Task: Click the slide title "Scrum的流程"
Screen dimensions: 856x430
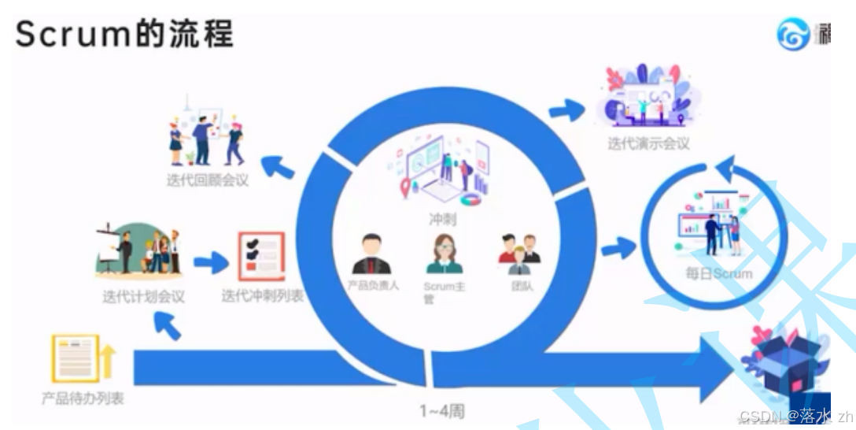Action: click(x=124, y=35)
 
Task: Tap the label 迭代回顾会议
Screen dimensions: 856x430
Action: click(x=208, y=180)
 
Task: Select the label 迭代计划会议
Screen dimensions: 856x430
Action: click(x=143, y=297)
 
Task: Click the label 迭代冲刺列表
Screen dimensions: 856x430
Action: click(x=262, y=297)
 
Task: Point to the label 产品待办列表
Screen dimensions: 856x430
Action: click(x=83, y=398)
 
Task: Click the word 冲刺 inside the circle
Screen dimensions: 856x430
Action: click(x=442, y=220)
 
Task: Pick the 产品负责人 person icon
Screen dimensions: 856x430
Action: click(x=371, y=254)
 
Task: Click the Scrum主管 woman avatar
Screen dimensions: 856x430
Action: click(x=445, y=254)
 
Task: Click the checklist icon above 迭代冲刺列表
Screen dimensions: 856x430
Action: click(x=260, y=257)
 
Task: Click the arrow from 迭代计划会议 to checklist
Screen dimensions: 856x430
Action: click(x=210, y=263)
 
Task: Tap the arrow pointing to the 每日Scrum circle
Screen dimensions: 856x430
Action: click(x=618, y=250)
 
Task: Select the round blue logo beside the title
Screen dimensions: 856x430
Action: click(x=793, y=35)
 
